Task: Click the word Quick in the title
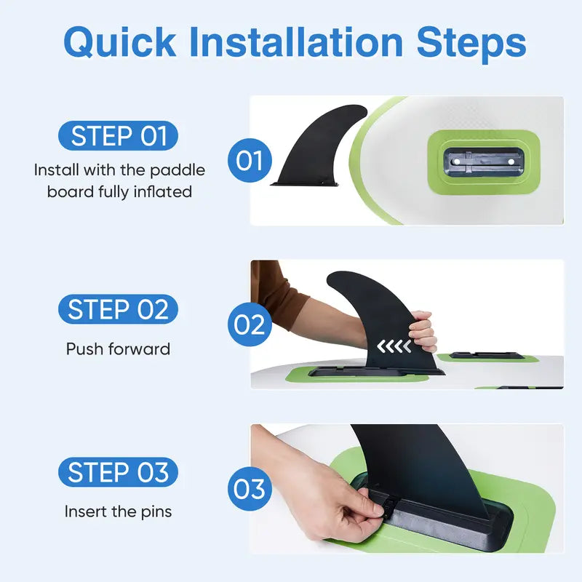pos(120,43)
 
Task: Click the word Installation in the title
pos(296,41)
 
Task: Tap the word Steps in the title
pos(471,43)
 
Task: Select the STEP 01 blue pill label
pos(118,135)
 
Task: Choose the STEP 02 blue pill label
pos(118,309)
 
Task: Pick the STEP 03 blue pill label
pos(118,472)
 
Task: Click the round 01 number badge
pos(250,160)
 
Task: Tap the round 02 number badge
pos(250,324)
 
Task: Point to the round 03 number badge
pos(250,488)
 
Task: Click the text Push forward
pos(118,349)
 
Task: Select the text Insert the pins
pos(118,511)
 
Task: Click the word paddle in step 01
pos(178,171)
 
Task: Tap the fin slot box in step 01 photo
pos(484,162)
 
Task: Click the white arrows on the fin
pos(394,346)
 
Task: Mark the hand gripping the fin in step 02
pos(423,331)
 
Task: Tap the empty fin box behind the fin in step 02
pos(487,356)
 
